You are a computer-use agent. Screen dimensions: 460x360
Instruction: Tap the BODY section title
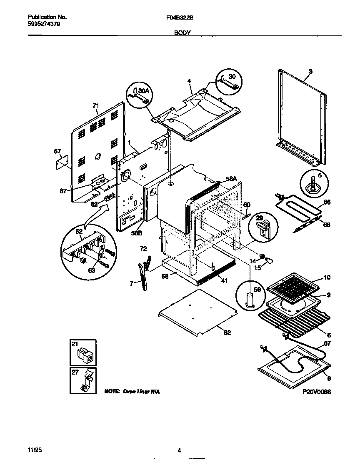(182, 32)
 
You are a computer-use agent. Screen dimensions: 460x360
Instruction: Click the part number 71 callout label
(96, 106)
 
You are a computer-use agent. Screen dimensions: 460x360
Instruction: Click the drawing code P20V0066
(317, 392)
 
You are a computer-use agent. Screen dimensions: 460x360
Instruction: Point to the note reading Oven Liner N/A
(132, 392)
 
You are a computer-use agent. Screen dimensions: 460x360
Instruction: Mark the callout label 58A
(231, 178)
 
